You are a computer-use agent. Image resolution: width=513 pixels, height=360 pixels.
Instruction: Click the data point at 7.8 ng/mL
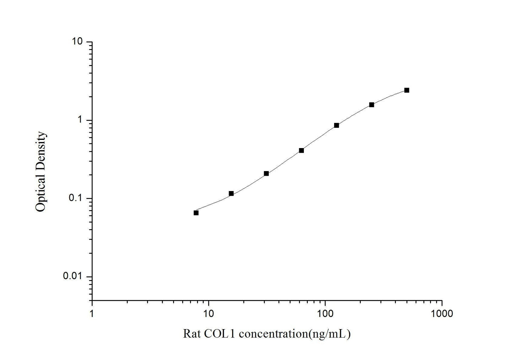196,213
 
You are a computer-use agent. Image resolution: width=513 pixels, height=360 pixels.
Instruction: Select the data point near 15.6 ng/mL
231,193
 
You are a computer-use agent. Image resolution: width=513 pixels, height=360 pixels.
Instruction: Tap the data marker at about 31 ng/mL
266,174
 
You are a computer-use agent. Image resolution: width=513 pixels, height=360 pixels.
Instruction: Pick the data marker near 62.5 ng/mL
301,151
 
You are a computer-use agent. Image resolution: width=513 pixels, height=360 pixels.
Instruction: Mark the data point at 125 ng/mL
337,125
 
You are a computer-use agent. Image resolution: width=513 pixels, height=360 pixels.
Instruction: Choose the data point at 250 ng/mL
372,105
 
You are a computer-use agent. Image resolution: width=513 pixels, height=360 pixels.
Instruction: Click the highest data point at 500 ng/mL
407,90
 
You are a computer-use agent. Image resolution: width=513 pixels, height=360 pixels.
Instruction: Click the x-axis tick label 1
92,313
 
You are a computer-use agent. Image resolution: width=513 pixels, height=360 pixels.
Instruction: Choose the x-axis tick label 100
325,313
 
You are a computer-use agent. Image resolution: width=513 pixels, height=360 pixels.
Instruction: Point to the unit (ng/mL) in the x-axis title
330,334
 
